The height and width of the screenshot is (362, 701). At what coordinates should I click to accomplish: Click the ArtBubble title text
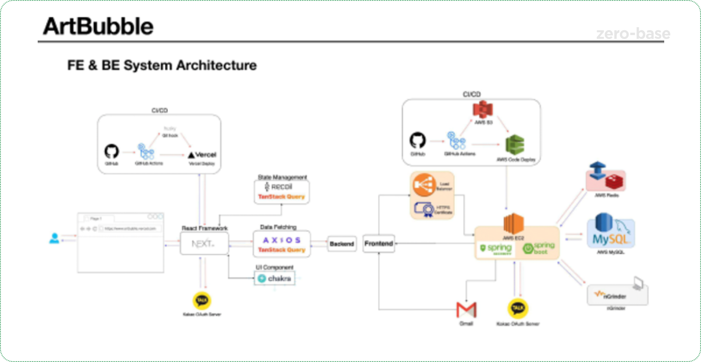pyautogui.click(x=98, y=26)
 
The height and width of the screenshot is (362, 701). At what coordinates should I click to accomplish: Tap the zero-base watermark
pyautogui.click(x=633, y=34)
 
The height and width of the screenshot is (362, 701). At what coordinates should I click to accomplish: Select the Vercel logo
pyautogui.click(x=202, y=155)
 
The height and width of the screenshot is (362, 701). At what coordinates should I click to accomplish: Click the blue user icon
pyautogui.click(x=54, y=238)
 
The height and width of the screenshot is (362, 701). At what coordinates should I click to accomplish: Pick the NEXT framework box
pyautogui.click(x=204, y=244)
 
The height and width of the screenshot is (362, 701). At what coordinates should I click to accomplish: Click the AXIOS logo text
pyautogui.click(x=282, y=240)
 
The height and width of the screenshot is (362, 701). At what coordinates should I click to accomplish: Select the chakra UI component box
pyautogui.click(x=275, y=278)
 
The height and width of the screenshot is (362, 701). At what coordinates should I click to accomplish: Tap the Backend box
pyautogui.click(x=342, y=244)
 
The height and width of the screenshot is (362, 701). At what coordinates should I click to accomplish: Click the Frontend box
pyautogui.click(x=379, y=244)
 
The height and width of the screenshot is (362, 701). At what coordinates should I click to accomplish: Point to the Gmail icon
pyautogui.click(x=466, y=310)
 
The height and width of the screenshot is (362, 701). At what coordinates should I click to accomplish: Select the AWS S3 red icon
pyautogui.click(x=483, y=110)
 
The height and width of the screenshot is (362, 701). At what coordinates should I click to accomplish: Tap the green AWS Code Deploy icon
pyautogui.click(x=515, y=145)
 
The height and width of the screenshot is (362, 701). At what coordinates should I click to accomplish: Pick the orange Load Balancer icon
pyautogui.click(x=423, y=185)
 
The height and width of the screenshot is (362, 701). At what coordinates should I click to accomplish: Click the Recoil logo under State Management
pyautogui.click(x=279, y=187)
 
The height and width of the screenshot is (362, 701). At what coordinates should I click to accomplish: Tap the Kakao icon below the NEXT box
pyautogui.click(x=202, y=301)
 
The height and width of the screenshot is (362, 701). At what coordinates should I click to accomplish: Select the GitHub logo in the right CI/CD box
pyautogui.click(x=418, y=141)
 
